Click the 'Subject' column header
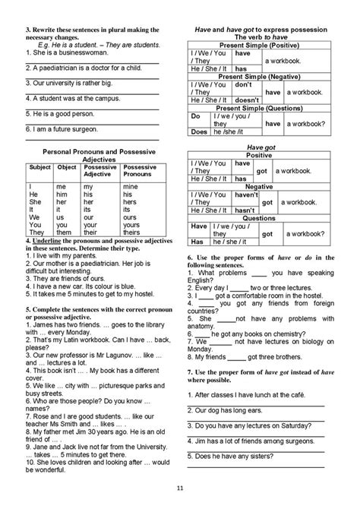point(39,166)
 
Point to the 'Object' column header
point(67,166)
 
